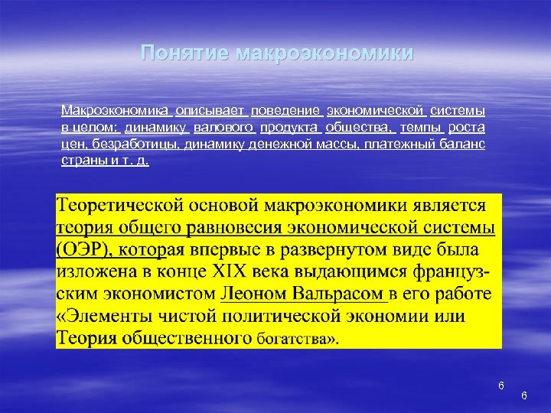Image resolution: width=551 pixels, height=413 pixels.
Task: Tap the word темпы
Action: click(420, 126)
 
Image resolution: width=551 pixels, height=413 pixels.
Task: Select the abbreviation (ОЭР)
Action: click(82, 251)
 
